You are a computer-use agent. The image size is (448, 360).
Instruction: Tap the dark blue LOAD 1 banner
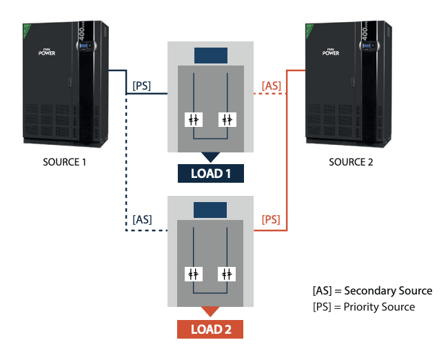point(210,173)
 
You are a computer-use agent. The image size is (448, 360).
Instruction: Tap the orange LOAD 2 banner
point(210,329)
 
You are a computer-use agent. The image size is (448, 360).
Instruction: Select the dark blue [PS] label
point(141,86)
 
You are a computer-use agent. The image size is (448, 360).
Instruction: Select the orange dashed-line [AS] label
point(271,86)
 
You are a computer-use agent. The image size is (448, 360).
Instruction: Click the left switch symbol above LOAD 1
point(194,119)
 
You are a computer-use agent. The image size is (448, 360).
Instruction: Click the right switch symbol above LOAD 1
point(227,119)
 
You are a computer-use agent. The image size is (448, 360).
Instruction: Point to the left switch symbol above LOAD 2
point(194,273)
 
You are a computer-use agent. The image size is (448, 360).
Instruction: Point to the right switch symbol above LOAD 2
point(227,273)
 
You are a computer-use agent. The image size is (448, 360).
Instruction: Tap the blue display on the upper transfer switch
point(210,54)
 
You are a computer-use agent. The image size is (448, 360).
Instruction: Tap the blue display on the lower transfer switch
point(210,210)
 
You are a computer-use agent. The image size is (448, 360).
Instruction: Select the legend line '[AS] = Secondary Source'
point(372,290)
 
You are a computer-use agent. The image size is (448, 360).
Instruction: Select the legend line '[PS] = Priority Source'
point(364,306)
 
